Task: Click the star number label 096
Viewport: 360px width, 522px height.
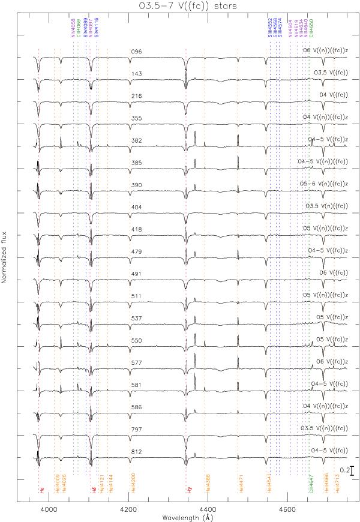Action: [x=136, y=52]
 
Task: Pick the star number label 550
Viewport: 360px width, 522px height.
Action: [x=136, y=340]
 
